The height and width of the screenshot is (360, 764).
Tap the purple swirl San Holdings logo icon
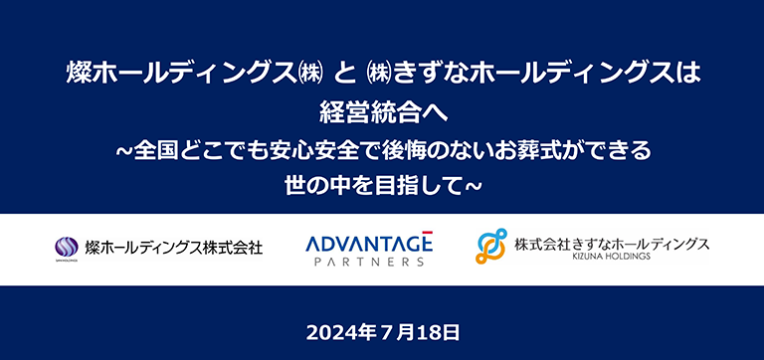[67, 247]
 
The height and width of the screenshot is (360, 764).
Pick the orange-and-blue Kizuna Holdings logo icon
[491, 247]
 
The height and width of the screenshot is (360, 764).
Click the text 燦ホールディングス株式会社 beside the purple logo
[174, 247]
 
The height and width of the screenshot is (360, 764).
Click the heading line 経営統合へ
[382, 112]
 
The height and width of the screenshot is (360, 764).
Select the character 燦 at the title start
[78, 74]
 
